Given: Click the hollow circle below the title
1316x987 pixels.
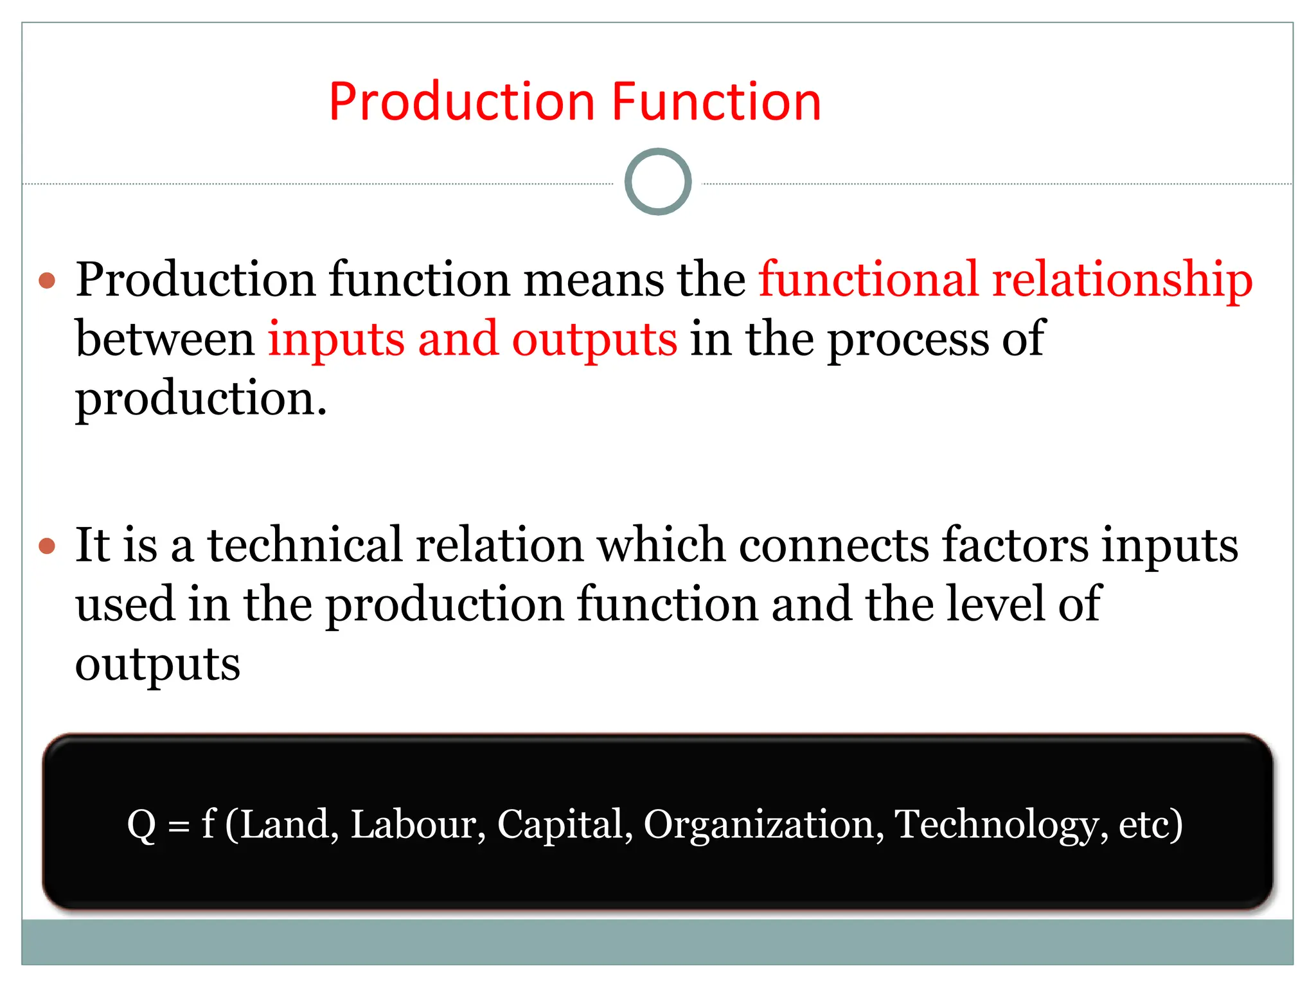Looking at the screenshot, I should point(658,182).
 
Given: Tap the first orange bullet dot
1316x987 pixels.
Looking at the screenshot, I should point(48,281).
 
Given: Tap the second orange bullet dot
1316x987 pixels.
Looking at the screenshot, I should point(48,546).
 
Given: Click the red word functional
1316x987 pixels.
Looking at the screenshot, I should point(868,280).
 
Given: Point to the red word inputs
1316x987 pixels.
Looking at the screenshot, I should point(336,340).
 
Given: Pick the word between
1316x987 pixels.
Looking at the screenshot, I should point(164,339).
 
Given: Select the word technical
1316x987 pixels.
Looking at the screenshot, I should point(305,545).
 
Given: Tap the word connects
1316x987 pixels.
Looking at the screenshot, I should point(833,545).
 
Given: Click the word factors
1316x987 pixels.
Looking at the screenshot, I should point(1015,545).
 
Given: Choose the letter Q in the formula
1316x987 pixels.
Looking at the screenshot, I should point(142,825).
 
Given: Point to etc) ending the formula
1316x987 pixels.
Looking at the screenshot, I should point(1150,825).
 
